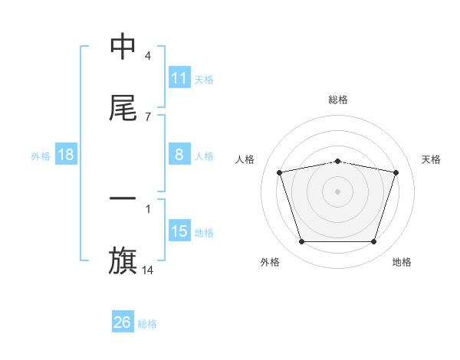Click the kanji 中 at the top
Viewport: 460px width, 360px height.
[x=123, y=47]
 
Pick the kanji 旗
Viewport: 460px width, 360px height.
[x=123, y=261]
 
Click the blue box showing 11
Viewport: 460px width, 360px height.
[x=179, y=78]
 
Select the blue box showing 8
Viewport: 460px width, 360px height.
[x=179, y=155]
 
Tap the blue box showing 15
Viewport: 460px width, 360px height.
[x=179, y=231]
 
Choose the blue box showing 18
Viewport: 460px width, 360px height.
[x=66, y=155]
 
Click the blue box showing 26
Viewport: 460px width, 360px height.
[x=123, y=322]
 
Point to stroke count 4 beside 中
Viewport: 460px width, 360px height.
[x=148, y=56]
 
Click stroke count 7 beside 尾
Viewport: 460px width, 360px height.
[x=148, y=116]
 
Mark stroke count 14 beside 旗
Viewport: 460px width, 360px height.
[x=148, y=270]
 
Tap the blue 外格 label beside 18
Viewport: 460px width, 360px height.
[x=41, y=155]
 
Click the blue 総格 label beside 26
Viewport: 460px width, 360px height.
[x=147, y=324]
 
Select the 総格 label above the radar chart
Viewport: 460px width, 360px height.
[x=338, y=100]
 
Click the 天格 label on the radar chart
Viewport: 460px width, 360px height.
[x=431, y=159]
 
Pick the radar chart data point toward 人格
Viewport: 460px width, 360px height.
[x=280, y=172]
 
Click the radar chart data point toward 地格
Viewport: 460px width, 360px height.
[x=373, y=242]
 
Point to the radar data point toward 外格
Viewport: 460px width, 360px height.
[x=301, y=242]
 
